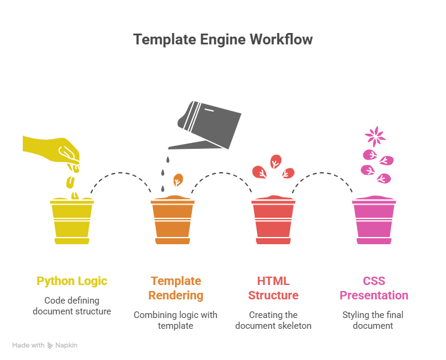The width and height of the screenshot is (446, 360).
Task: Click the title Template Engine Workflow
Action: [x=222, y=40]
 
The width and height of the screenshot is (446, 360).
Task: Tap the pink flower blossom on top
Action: [x=375, y=136]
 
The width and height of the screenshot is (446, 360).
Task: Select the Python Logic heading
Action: [x=72, y=281]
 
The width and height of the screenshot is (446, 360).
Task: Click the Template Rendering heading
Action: [x=176, y=288]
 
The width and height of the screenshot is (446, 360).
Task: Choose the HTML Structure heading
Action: [x=273, y=288]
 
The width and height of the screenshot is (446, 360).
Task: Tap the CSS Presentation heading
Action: [x=373, y=288]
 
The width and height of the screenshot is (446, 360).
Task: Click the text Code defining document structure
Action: [x=72, y=305]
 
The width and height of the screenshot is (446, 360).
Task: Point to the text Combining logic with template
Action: [x=176, y=320]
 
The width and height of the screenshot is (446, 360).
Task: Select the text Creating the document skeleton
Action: [x=273, y=320]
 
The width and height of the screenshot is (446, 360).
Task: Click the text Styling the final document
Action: [x=373, y=320]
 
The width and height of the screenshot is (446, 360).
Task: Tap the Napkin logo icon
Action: [x=50, y=346]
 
